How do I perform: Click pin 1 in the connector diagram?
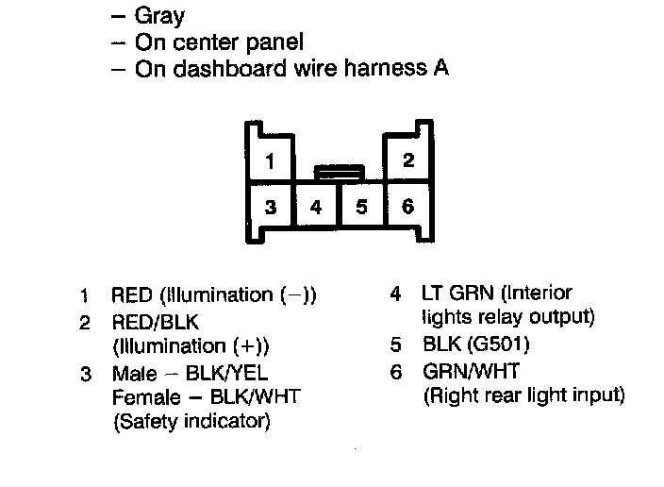pyautogui.click(x=270, y=161)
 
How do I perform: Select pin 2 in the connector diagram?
pyautogui.click(x=407, y=160)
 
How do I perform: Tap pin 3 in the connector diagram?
pyautogui.click(x=270, y=207)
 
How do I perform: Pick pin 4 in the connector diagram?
pyautogui.click(x=316, y=207)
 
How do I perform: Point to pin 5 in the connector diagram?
pyautogui.click(x=361, y=207)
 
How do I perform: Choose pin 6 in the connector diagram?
pyautogui.click(x=407, y=206)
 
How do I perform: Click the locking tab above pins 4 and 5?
pyautogui.click(x=339, y=172)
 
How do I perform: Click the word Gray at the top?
pyautogui.click(x=160, y=16)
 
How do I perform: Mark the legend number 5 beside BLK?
pyautogui.click(x=397, y=344)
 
